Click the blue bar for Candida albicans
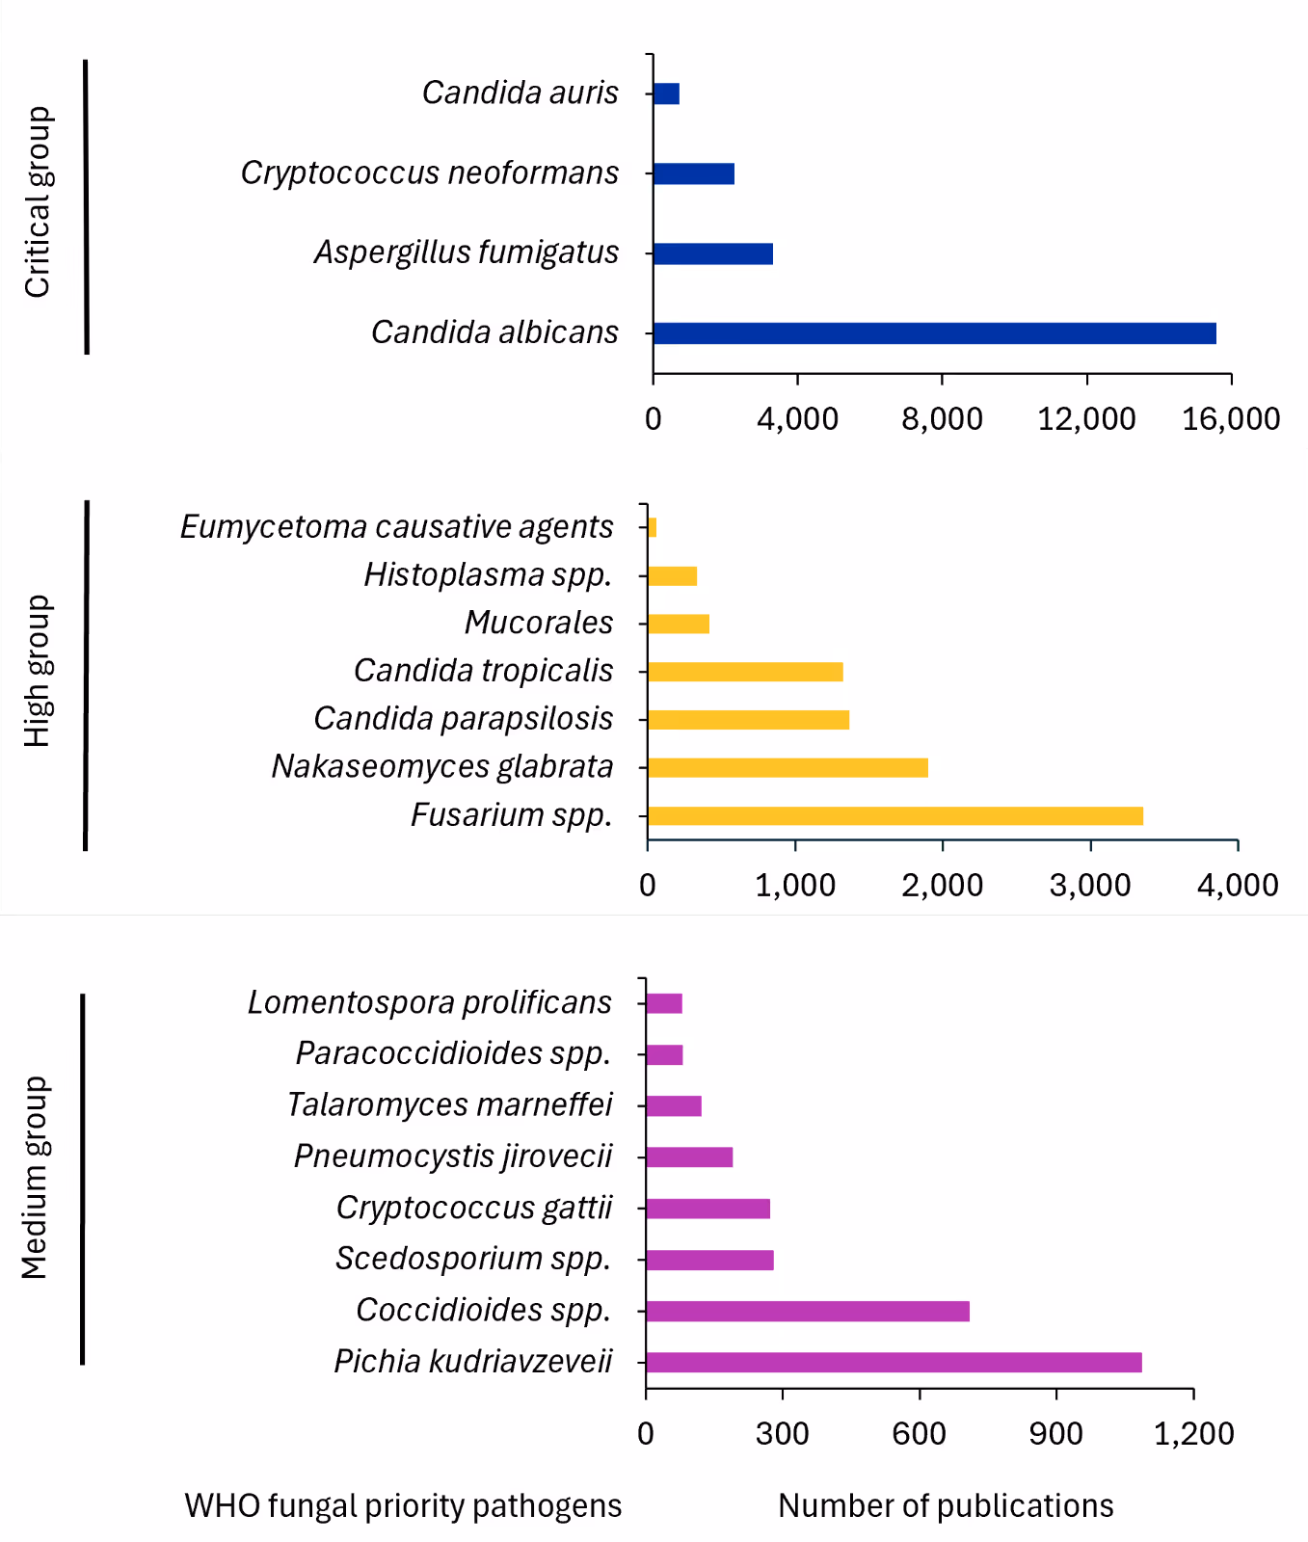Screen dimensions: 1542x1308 pos(934,333)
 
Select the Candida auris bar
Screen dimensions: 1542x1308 pos(666,93)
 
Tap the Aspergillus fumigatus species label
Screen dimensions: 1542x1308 pos(467,253)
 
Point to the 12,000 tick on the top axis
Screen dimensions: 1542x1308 pos(1086,418)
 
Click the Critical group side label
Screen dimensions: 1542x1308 pos(37,202)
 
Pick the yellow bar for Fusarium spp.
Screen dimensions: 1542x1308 pos(894,816)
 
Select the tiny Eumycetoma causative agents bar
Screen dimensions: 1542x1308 pos(653,527)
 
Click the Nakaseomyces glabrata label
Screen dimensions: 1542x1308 pos(442,766)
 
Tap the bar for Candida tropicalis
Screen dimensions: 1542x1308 pos(745,672)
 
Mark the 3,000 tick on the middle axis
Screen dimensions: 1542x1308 pos(1090,885)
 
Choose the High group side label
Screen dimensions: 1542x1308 pos(37,672)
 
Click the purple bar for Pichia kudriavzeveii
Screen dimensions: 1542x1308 pos(894,1362)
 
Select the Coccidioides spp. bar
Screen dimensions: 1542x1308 pos(808,1311)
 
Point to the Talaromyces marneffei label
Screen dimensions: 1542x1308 pos(449,1104)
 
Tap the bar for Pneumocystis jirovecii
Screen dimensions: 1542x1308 pos(689,1156)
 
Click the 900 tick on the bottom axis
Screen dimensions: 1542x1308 pos(1055,1433)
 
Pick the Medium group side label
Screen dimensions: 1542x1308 pos(35,1178)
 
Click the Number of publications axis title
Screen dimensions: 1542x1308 pos(946,1505)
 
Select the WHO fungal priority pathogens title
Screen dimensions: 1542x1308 pos(403,1505)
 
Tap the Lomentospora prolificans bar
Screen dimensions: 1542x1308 pos(664,1003)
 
